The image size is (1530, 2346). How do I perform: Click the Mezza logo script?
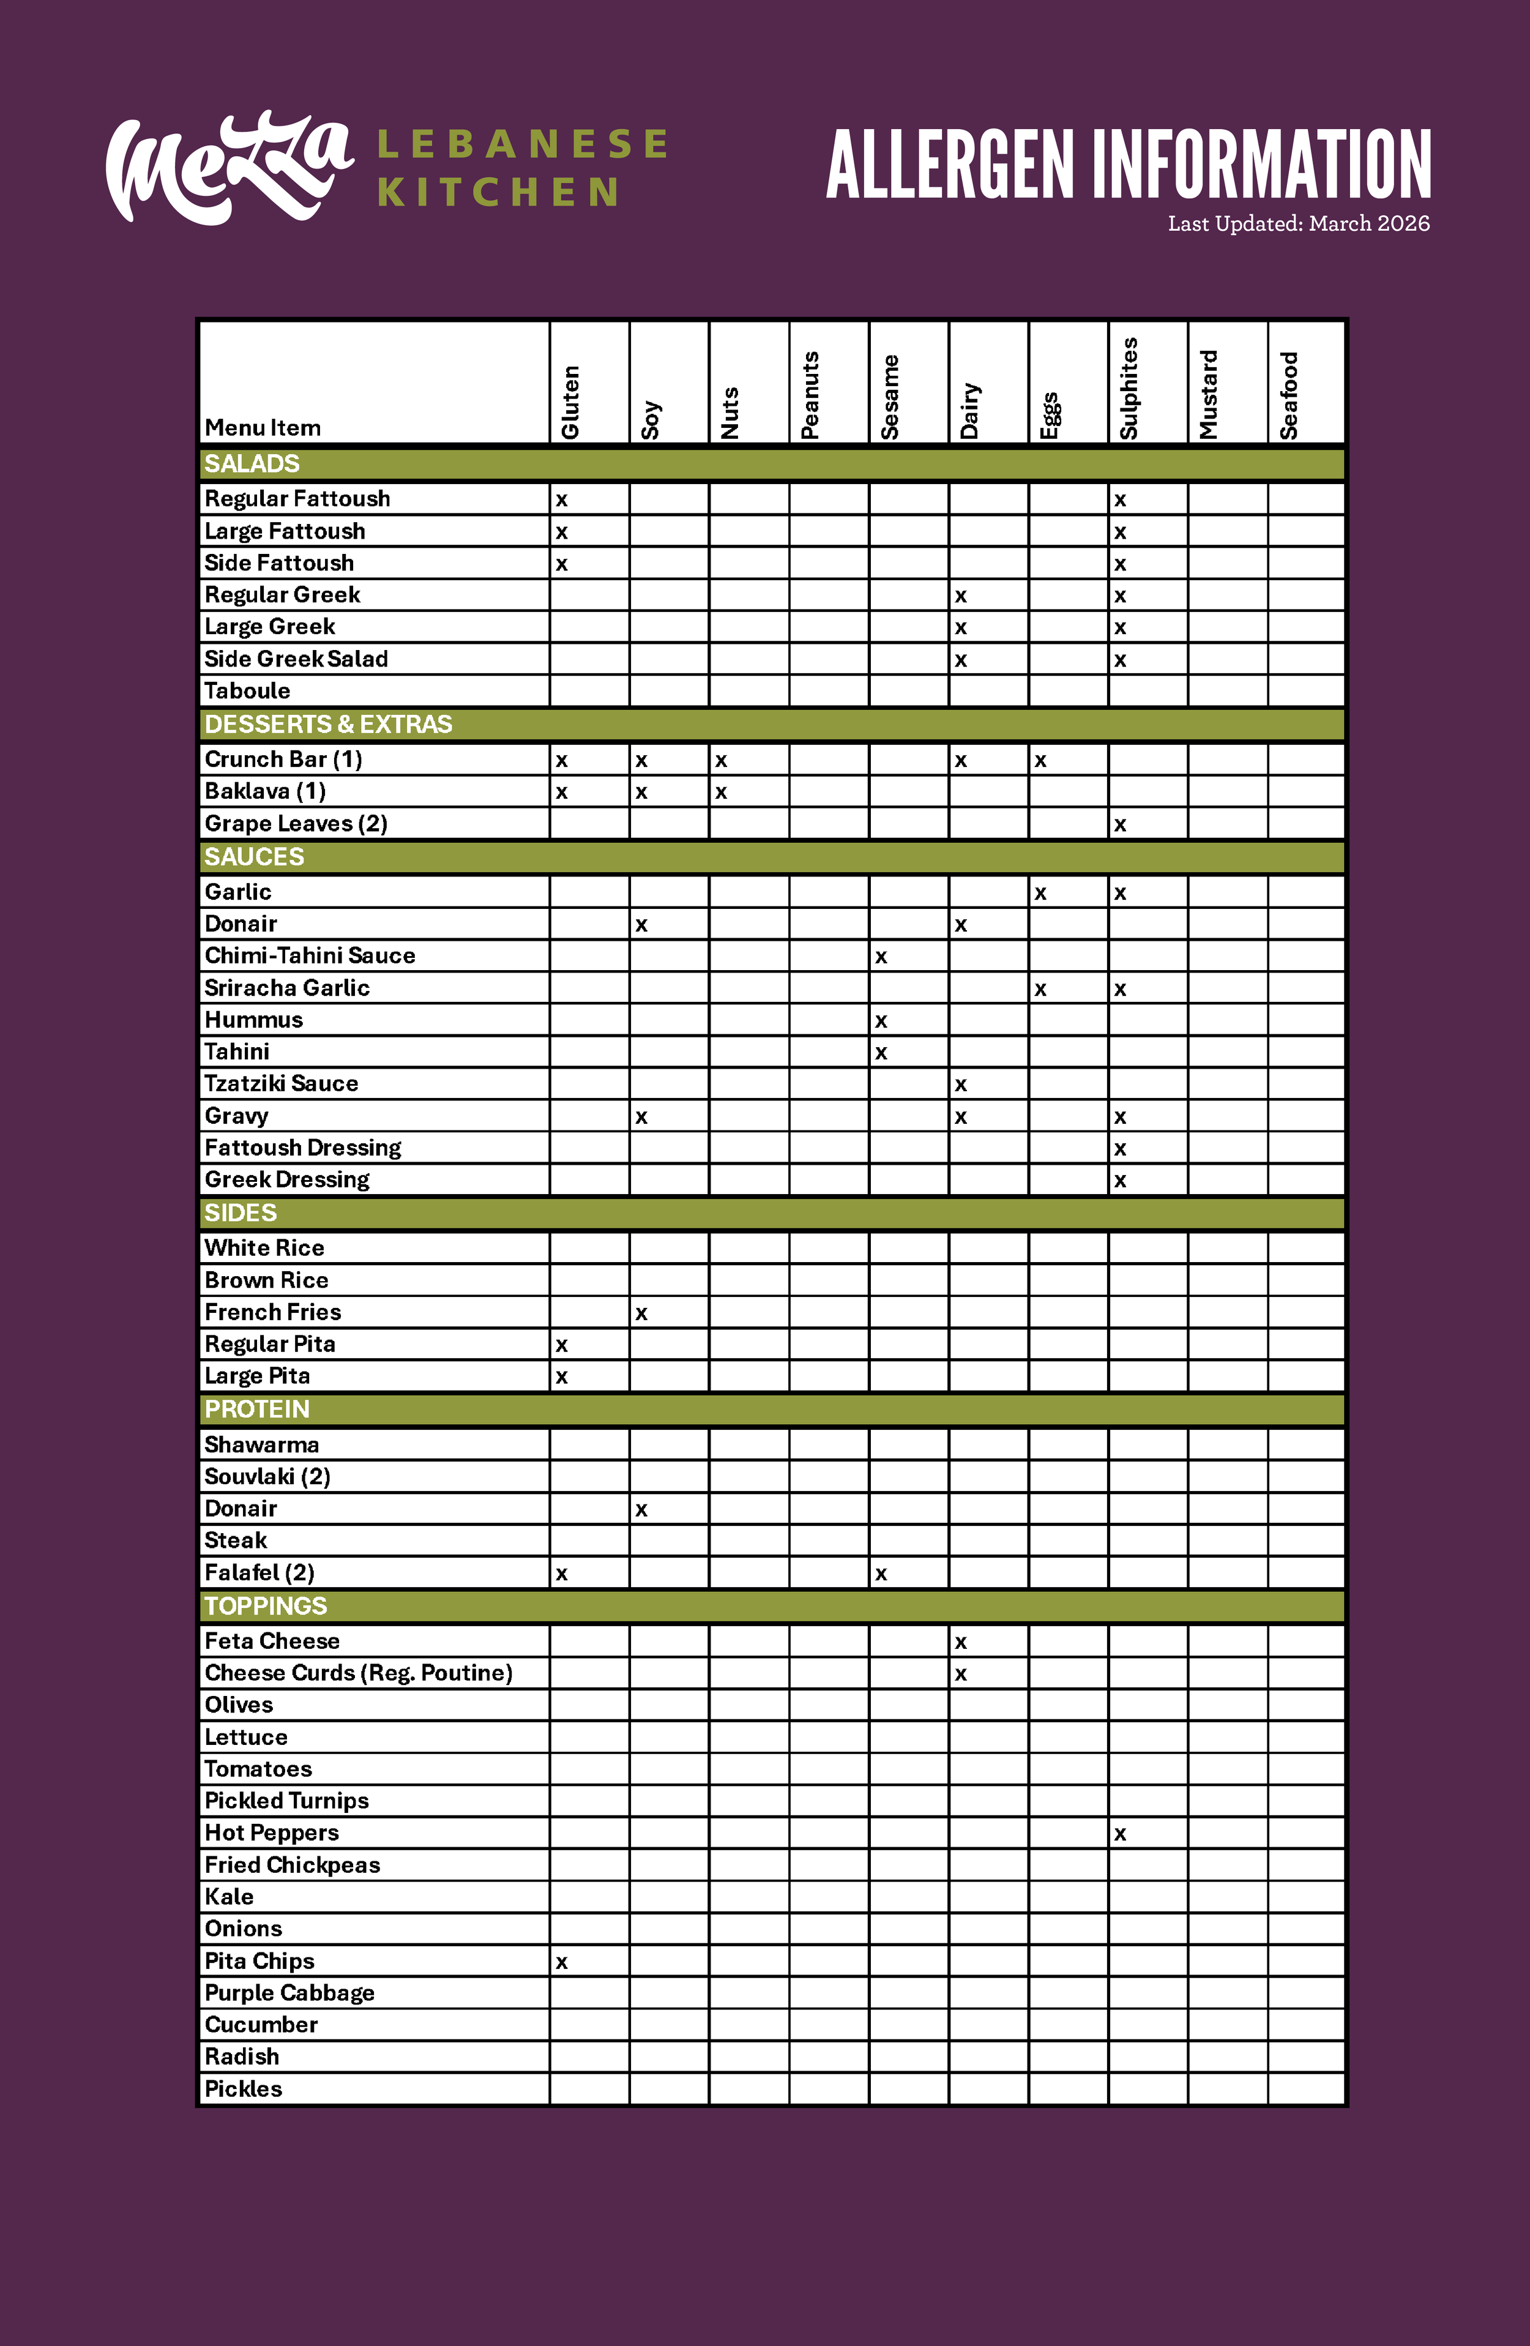(x=229, y=168)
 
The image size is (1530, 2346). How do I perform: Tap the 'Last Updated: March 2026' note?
(x=1298, y=224)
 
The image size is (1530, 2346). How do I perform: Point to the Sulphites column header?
(x=1129, y=389)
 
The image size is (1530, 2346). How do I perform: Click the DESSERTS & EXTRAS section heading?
(x=328, y=725)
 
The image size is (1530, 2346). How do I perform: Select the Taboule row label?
(x=247, y=691)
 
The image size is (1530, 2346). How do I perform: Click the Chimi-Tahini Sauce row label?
(x=310, y=955)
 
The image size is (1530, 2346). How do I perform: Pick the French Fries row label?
(x=273, y=1312)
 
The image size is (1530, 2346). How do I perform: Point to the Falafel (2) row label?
(x=259, y=1572)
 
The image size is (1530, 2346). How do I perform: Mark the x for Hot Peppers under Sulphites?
(x=1120, y=1834)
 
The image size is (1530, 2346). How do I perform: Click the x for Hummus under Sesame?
(x=881, y=1021)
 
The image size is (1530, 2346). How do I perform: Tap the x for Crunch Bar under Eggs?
(x=1040, y=761)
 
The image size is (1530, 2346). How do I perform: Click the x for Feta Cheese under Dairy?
(x=961, y=1642)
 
